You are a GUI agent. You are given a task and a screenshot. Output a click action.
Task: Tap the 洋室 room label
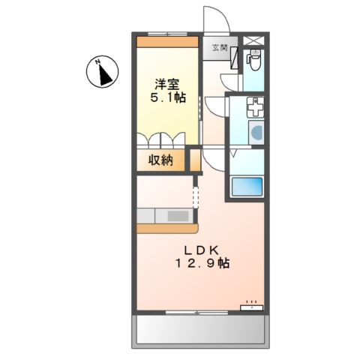coord(166,84)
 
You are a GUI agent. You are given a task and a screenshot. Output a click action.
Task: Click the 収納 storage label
coord(160,160)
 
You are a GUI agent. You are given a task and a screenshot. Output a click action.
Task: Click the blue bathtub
coord(247,187)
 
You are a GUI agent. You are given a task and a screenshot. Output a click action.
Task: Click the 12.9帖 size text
coord(202,264)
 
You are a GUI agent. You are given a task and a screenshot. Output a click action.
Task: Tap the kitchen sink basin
coord(178,216)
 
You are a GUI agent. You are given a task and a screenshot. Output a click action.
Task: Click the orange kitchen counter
coord(166,226)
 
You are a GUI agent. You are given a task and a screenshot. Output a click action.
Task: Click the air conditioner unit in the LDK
coord(251,306)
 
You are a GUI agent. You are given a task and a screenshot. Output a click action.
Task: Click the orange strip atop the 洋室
coord(168,42)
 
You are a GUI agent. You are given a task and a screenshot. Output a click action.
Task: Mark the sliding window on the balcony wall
coord(196,311)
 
